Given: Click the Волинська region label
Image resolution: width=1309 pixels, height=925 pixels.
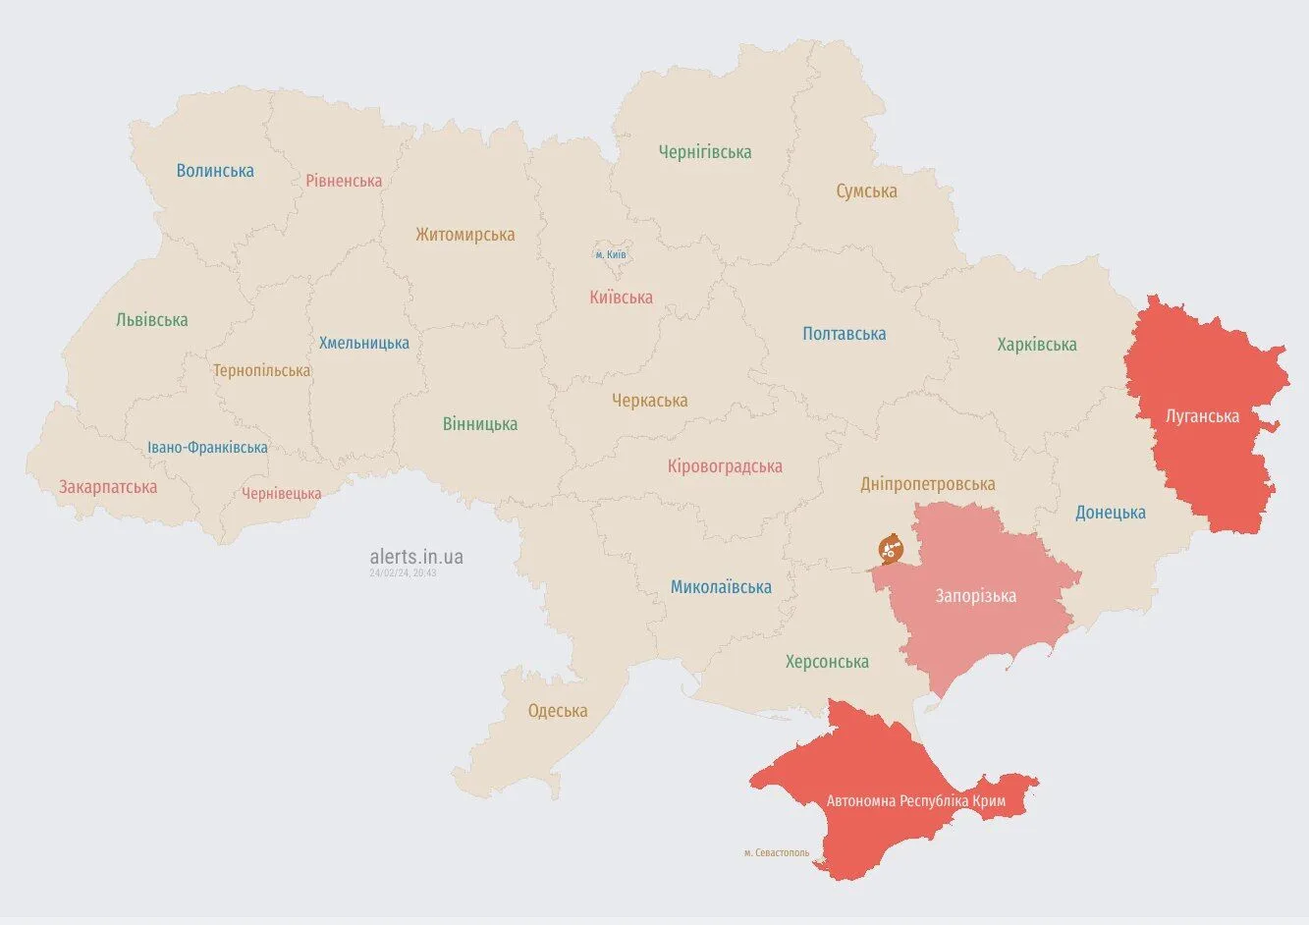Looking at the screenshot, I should tap(215, 171).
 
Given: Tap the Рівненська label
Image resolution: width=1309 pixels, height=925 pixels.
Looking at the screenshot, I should tap(344, 181).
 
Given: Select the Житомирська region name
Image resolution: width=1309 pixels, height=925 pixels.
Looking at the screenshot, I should tap(464, 235).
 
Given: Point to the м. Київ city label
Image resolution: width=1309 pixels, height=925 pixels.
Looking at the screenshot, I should tap(610, 254).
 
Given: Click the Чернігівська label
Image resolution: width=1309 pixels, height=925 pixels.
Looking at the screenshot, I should tap(704, 152).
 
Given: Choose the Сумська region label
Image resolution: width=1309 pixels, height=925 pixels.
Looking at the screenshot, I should tap(866, 191).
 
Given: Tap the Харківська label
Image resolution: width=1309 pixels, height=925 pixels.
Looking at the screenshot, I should tap(1036, 345).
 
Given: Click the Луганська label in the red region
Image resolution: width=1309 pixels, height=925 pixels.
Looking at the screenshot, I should tap(1202, 416).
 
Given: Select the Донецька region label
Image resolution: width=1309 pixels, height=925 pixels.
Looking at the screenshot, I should tap(1110, 513).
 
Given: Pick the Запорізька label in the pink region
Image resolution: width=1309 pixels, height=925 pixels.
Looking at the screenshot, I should tap(975, 596).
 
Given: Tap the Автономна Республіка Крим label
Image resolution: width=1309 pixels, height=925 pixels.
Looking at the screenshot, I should tap(915, 801).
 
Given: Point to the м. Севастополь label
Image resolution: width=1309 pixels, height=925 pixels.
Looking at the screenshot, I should tap(777, 852).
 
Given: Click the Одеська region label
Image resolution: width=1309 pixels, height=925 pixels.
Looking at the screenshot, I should tap(557, 711).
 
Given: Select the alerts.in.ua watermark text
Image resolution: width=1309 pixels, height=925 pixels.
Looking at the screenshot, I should tap(416, 557).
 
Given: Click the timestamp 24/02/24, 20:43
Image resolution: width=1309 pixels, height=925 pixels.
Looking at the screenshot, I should tap(403, 572).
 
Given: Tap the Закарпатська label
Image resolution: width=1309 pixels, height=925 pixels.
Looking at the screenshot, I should tap(108, 487).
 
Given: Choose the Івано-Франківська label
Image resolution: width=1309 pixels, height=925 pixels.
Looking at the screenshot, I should tap(207, 448).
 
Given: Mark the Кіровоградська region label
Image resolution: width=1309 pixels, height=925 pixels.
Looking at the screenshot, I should tap(725, 466).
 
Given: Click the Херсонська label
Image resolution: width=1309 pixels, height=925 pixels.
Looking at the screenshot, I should tap(827, 662).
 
